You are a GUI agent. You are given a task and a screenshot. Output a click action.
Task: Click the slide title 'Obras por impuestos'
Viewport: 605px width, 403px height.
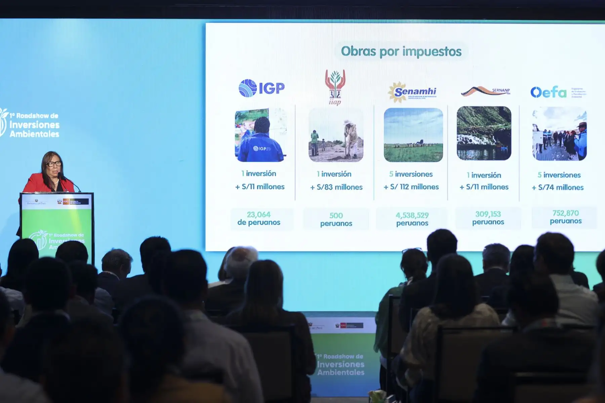(401, 51)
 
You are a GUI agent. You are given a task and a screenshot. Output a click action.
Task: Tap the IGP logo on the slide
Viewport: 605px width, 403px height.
(261, 88)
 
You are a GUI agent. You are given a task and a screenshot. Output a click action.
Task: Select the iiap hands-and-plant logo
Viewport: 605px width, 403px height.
(335, 87)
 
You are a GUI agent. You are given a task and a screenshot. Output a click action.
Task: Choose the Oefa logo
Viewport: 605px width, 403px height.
(549, 92)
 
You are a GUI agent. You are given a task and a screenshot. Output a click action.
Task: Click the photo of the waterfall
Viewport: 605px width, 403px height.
(484, 133)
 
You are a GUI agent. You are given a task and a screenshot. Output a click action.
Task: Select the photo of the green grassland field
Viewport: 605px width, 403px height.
(413, 135)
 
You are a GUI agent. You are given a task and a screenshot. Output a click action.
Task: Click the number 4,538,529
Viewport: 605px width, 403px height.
(412, 215)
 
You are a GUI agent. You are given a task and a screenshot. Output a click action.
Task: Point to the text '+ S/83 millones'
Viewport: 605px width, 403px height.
(336, 187)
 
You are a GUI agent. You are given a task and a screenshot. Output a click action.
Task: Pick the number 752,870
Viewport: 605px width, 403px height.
(565, 213)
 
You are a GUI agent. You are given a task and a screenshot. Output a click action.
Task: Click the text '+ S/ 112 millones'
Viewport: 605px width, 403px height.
(411, 187)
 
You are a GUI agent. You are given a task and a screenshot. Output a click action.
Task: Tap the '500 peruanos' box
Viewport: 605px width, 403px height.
(336, 219)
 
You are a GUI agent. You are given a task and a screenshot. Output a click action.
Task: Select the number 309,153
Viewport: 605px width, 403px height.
(488, 214)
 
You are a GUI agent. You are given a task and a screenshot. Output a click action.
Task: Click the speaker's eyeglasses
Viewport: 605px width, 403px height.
(54, 164)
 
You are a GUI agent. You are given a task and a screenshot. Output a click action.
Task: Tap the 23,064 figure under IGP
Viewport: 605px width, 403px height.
(258, 214)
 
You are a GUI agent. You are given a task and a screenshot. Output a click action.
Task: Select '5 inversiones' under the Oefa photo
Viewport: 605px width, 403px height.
(559, 175)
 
